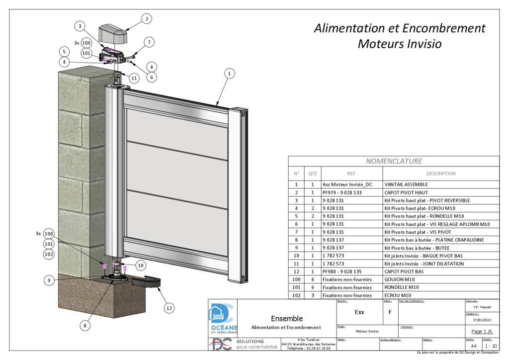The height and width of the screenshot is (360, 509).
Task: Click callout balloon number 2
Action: click(146, 19)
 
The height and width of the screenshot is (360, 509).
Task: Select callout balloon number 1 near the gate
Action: click(229, 73)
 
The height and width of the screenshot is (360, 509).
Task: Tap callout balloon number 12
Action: click(170, 308)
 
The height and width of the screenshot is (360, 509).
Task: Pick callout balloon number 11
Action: click(134, 79)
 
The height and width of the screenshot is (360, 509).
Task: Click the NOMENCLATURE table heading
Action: click(394, 161)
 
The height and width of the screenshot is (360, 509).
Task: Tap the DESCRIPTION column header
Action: click(440, 174)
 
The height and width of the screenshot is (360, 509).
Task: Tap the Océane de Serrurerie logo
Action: click(222, 319)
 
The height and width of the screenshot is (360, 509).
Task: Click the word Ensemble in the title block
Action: click(286, 318)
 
